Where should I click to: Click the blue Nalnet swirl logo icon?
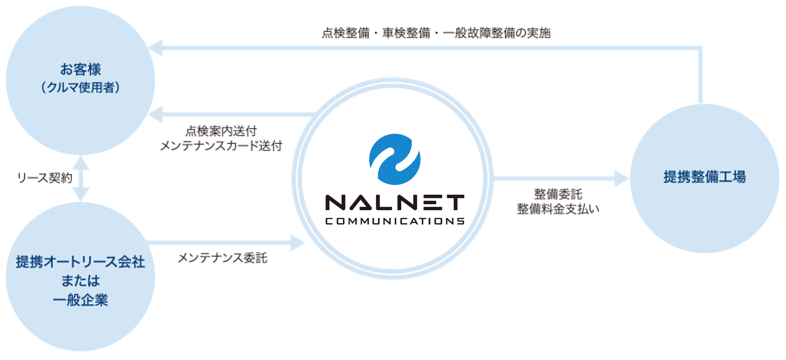(395, 159)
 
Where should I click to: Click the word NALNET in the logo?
(395, 202)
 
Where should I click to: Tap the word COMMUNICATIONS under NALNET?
(395, 221)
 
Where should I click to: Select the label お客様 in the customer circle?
(80, 69)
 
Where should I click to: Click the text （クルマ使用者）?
(80, 87)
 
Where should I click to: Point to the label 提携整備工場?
(704, 177)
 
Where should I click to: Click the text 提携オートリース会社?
(80, 262)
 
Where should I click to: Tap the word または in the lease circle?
(80, 281)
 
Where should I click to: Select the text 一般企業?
(80, 300)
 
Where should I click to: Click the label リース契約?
(45, 178)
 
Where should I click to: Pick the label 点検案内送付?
(221, 131)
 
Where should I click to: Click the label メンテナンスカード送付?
(221, 146)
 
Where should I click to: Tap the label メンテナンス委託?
(222, 258)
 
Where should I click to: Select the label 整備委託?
(558, 194)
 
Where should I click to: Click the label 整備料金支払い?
(558, 209)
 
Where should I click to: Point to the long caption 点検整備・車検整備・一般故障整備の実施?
(436, 33)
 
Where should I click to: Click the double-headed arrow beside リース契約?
(81, 178)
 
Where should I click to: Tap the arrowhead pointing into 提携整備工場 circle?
(622, 178)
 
